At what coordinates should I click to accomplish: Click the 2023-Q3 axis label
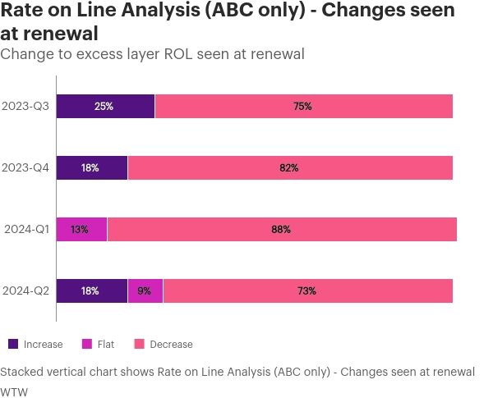(x=25, y=106)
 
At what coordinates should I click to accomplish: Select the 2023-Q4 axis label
(x=25, y=167)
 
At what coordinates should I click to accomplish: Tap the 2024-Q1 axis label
(x=25, y=229)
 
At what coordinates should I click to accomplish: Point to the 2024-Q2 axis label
(x=25, y=290)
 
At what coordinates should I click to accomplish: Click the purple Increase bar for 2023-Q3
(x=105, y=106)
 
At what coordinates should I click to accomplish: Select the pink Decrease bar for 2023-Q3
(x=303, y=106)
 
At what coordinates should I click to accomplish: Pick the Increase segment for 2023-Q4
(x=92, y=167)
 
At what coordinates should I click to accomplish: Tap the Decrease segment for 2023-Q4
(x=290, y=167)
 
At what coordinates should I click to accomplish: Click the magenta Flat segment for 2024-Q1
(x=81, y=229)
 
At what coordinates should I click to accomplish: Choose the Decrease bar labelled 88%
(x=282, y=229)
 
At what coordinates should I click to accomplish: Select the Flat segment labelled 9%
(x=145, y=290)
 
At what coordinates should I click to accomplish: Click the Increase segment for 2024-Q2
(x=92, y=290)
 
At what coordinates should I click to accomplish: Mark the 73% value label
(x=307, y=290)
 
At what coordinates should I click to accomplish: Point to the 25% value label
(x=104, y=106)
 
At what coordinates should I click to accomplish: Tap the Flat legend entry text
(x=105, y=345)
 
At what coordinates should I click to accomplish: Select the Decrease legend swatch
(x=140, y=344)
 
